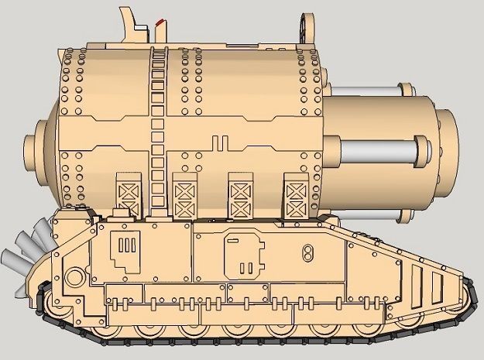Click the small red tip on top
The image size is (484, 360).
click(160, 21)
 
